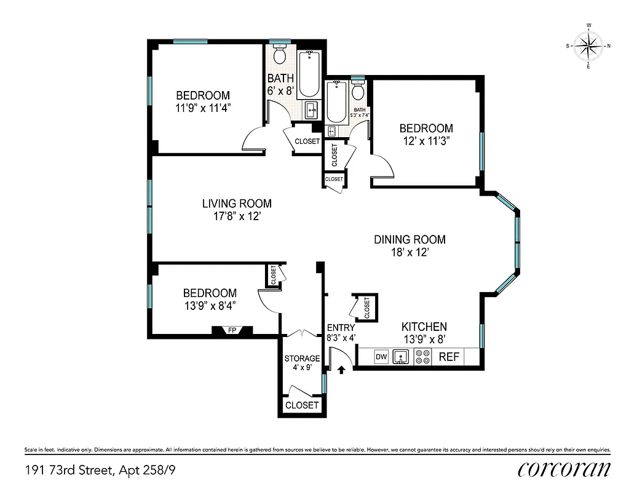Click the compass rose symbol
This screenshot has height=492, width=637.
point(588,46)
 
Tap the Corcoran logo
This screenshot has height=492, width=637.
point(564,469)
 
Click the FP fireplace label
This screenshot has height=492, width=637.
point(232,330)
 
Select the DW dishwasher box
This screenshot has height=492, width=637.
point(381,357)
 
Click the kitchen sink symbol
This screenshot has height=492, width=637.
point(401,357)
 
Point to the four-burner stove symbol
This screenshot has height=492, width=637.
point(423,357)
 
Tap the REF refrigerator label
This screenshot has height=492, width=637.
point(448,357)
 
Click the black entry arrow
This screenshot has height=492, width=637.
point(341,370)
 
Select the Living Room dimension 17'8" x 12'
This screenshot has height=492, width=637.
point(237,216)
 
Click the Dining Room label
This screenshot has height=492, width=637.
point(410,239)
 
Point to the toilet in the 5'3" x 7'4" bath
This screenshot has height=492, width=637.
point(358,92)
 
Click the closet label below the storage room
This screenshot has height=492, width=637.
point(302,405)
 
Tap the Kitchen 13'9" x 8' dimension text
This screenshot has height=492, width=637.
point(424,339)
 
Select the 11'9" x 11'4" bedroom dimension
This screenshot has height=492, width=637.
point(203,108)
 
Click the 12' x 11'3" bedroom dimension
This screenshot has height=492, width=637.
point(426,140)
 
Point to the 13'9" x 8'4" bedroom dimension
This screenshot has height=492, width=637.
point(210,305)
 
